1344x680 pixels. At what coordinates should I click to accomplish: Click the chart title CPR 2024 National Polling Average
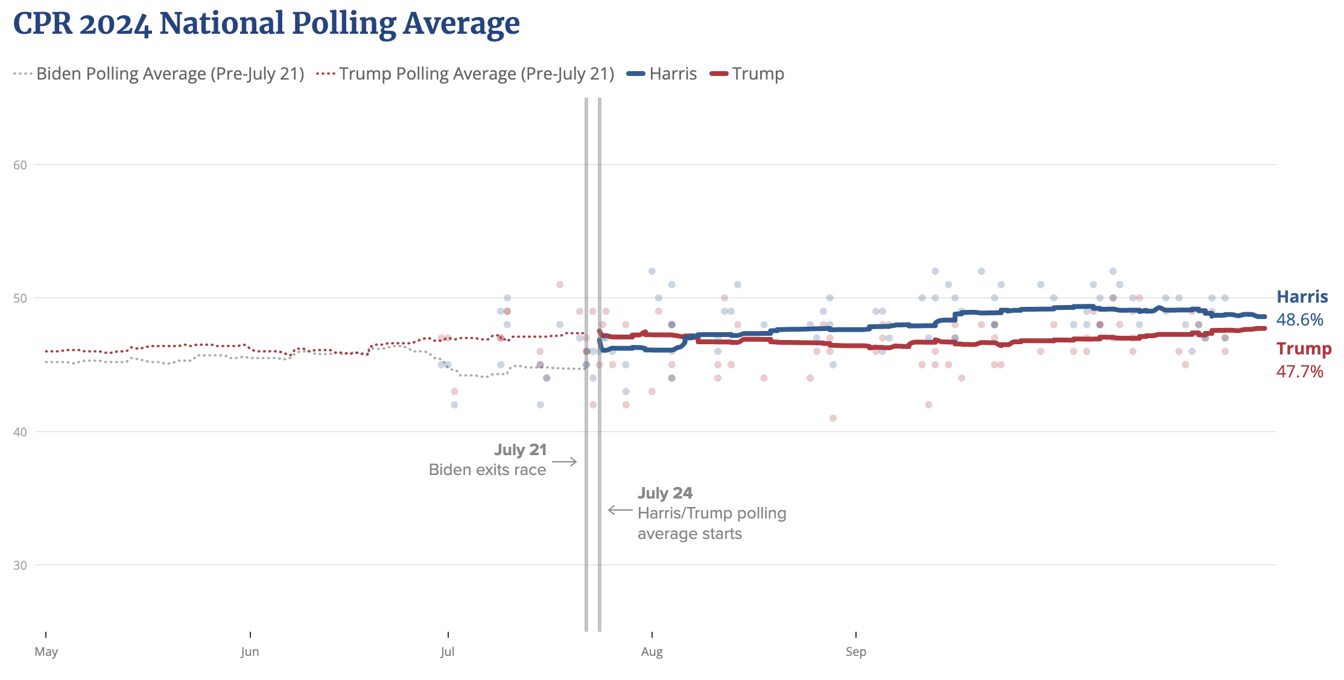[266, 24]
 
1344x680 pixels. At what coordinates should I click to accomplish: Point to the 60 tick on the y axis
[21, 165]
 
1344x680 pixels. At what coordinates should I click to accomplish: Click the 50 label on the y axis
[21, 298]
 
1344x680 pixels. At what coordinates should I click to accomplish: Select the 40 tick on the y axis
[21, 432]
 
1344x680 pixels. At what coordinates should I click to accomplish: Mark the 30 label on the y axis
[21, 565]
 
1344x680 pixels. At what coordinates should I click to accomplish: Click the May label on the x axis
[46, 652]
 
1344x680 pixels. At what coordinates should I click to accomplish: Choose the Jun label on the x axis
[250, 652]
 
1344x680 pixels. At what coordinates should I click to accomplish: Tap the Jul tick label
[448, 652]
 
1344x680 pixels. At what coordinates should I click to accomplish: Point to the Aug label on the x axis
[652, 652]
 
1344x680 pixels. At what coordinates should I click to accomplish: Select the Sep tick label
[856, 652]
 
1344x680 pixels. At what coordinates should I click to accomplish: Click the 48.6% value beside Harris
[1299, 320]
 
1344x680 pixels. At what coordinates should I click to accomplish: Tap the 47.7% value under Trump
[1299, 371]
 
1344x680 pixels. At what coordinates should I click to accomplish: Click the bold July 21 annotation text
[520, 450]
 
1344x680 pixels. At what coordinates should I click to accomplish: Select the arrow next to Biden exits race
[565, 462]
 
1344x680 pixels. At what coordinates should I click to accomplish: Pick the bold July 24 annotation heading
[665, 493]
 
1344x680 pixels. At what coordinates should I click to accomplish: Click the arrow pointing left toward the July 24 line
[620, 511]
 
